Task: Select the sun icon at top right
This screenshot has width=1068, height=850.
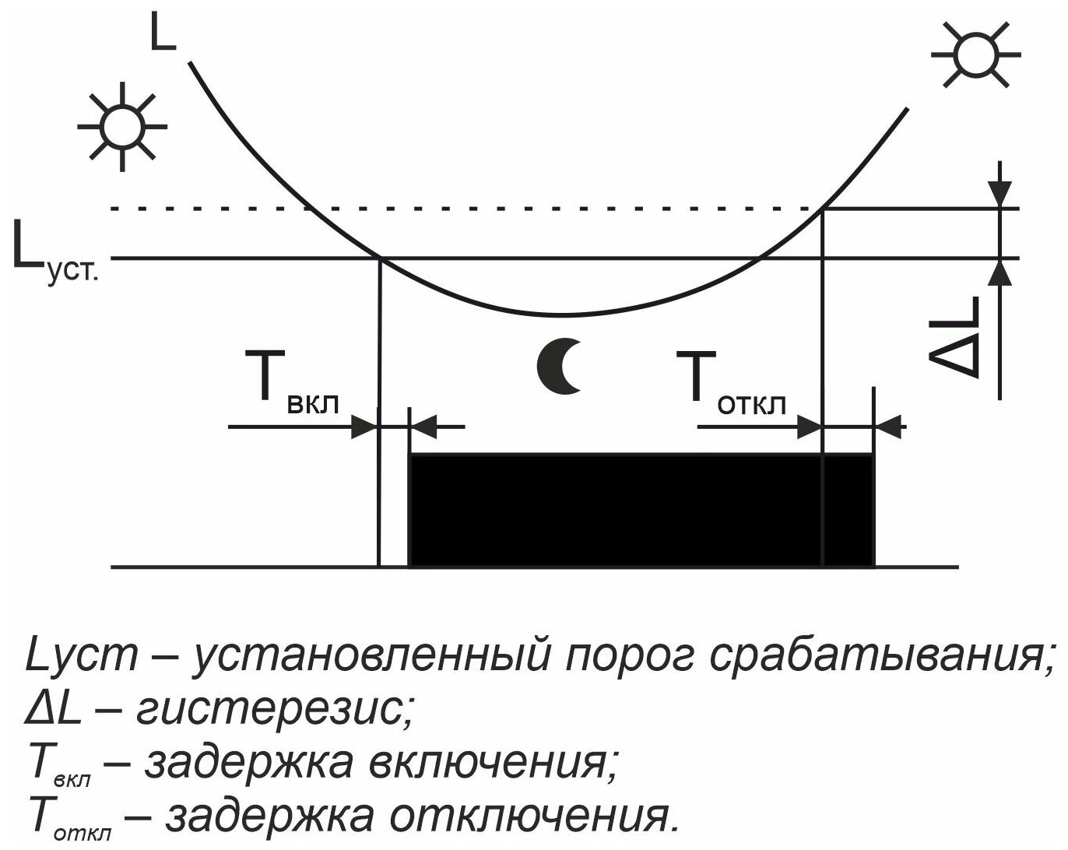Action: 975,54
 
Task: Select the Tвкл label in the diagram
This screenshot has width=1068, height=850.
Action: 293,381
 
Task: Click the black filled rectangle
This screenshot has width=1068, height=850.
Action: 641,510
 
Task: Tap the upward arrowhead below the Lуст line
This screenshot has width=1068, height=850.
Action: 1001,272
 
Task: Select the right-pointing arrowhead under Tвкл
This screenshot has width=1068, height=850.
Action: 364,427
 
